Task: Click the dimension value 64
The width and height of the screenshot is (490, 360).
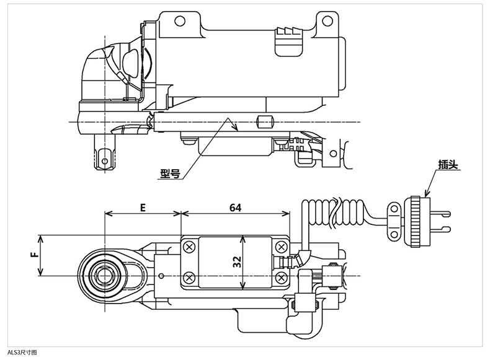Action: (x=235, y=208)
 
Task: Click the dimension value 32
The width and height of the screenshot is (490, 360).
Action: (x=238, y=261)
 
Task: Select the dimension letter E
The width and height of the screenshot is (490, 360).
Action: (x=143, y=208)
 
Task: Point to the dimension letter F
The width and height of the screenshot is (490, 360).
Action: (x=35, y=255)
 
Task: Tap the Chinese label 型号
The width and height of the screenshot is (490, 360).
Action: (x=171, y=173)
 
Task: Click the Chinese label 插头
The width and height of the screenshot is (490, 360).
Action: (x=448, y=165)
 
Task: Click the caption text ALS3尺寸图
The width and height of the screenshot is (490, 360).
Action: (x=22, y=353)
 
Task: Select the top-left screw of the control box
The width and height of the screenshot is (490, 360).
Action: (x=189, y=247)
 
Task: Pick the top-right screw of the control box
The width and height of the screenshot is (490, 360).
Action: (x=281, y=247)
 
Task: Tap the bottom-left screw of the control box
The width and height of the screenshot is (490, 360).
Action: (x=189, y=277)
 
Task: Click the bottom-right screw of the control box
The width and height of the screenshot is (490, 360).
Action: (x=281, y=277)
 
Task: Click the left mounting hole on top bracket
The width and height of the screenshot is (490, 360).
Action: (x=180, y=21)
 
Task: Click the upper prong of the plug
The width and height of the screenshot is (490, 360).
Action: (x=440, y=214)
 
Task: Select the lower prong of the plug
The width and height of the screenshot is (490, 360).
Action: (x=440, y=229)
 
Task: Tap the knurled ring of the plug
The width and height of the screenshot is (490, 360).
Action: (x=415, y=222)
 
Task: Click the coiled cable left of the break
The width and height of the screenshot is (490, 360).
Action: (x=319, y=214)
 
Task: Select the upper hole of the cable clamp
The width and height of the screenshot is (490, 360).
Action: (x=394, y=209)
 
